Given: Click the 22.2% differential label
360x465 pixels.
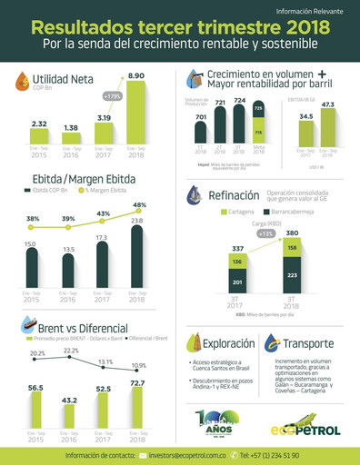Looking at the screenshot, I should (70, 351).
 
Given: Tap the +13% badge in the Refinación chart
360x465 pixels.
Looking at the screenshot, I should (265, 233).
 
